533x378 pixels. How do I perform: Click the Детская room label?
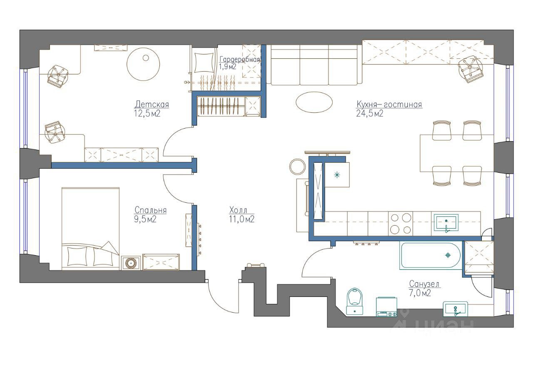(152, 104)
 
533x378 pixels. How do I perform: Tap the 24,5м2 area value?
(369, 114)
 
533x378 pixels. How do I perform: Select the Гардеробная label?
(239, 59)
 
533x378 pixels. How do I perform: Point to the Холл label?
(238, 210)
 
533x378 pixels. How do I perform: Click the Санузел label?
(424, 284)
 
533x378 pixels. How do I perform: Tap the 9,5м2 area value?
(145, 219)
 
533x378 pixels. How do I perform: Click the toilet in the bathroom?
(355, 301)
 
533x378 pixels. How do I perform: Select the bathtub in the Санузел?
(430, 255)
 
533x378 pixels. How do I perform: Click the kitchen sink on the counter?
(446, 223)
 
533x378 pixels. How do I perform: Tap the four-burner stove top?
(401, 224)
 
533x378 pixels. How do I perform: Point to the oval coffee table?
(314, 102)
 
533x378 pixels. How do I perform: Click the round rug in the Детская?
(143, 64)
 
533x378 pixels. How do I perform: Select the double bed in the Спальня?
(90, 229)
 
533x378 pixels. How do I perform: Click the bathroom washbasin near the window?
(455, 309)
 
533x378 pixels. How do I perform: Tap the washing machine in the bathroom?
(386, 307)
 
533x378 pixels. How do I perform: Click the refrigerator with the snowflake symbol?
(337, 174)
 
